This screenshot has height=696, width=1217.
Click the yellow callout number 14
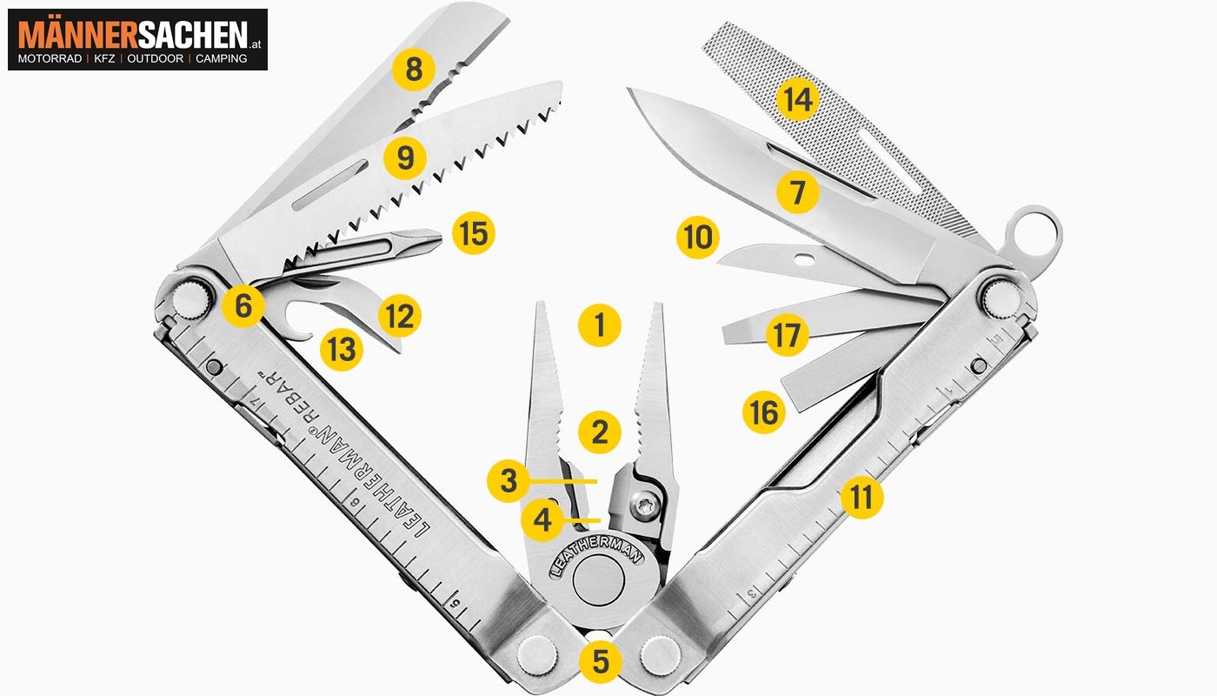click(798, 99)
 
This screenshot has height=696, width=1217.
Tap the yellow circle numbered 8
click(414, 69)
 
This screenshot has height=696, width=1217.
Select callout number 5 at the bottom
click(601, 662)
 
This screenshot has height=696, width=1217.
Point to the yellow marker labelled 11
click(861, 497)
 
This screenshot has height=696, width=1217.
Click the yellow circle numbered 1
click(600, 325)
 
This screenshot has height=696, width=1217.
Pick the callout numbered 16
click(764, 412)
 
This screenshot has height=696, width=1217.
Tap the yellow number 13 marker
click(342, 349)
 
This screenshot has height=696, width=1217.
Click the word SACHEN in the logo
click(193, 35)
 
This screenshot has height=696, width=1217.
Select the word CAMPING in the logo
click(221, 59)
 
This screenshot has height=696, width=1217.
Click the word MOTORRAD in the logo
click(50, 59)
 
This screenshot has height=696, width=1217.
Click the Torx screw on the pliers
click(645, 506)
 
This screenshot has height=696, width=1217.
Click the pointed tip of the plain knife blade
click(630, 90)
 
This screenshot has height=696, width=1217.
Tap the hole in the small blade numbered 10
click(805, 259)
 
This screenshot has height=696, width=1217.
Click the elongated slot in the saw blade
click(330, 184)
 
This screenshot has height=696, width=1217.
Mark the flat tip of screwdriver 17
click(727, 334)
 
